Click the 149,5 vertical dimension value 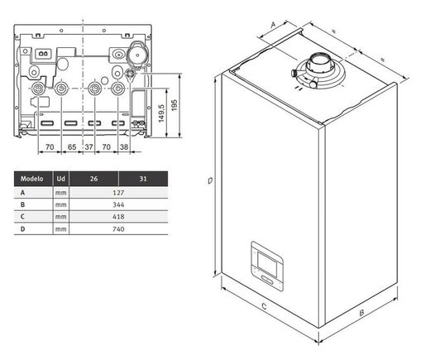tap(161, 113)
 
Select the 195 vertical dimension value tap(174, 105)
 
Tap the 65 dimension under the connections tap(72, 147)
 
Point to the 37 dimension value tap(88, 147)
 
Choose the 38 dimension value tap(124, 147)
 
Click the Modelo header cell tap(32, 179)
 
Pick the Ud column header tap(61, 179)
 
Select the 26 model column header tap(93, 179)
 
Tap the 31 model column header tap(143, 179)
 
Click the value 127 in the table tap(118, 193)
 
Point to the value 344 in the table tap(118, 204)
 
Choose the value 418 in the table tap(118, 217)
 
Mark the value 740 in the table tap(118, 229)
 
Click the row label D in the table tap(22, 229)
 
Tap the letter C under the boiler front tap(264, 306)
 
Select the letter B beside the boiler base tap(361, 313)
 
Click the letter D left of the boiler tap(210, 180)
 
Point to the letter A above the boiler tap(273, 25)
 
